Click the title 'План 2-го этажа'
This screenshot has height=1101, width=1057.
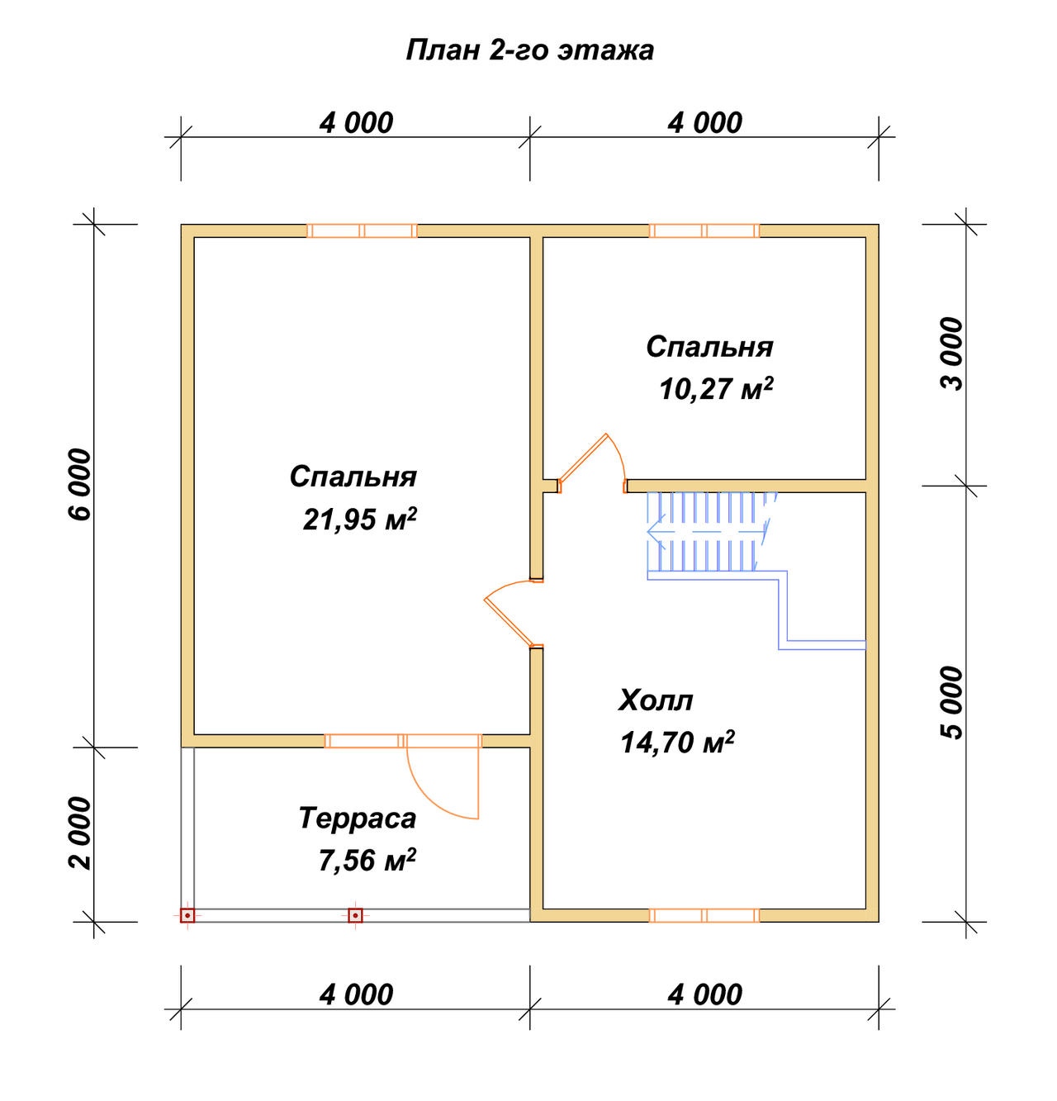pyautogui.click(x=529, y=50)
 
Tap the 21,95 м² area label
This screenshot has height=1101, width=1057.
pyautogui.click(x=360, y=519)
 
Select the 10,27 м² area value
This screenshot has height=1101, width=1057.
pyautogui.click(x=716, y=389)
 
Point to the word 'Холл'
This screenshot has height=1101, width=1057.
pyautogui.click(x=656, y=700)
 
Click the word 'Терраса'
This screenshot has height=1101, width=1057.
pyautogui.click(x=358, y=819)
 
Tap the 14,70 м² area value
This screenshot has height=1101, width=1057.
pyautogui.click(x=677, y=743)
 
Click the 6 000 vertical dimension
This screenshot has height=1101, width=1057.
pyautogui.click(x=80, y=484)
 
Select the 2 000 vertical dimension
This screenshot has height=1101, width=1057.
pyautogui.click(x=80, y=833)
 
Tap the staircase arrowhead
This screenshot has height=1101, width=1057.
pyautogui.click(x=656, y=532)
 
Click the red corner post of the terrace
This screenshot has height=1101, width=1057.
pyautogui.click(x=187, y=915)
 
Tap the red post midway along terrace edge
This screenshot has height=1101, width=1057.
pyautogui.click(x=354, y=915)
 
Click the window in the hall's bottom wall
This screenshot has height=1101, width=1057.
pyautogui.click(x=704, y=915)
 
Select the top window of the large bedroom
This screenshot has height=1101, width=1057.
pyautogui.click(x=362, y=230)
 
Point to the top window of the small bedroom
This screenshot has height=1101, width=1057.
pyautogui.click(x=704, y=230)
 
